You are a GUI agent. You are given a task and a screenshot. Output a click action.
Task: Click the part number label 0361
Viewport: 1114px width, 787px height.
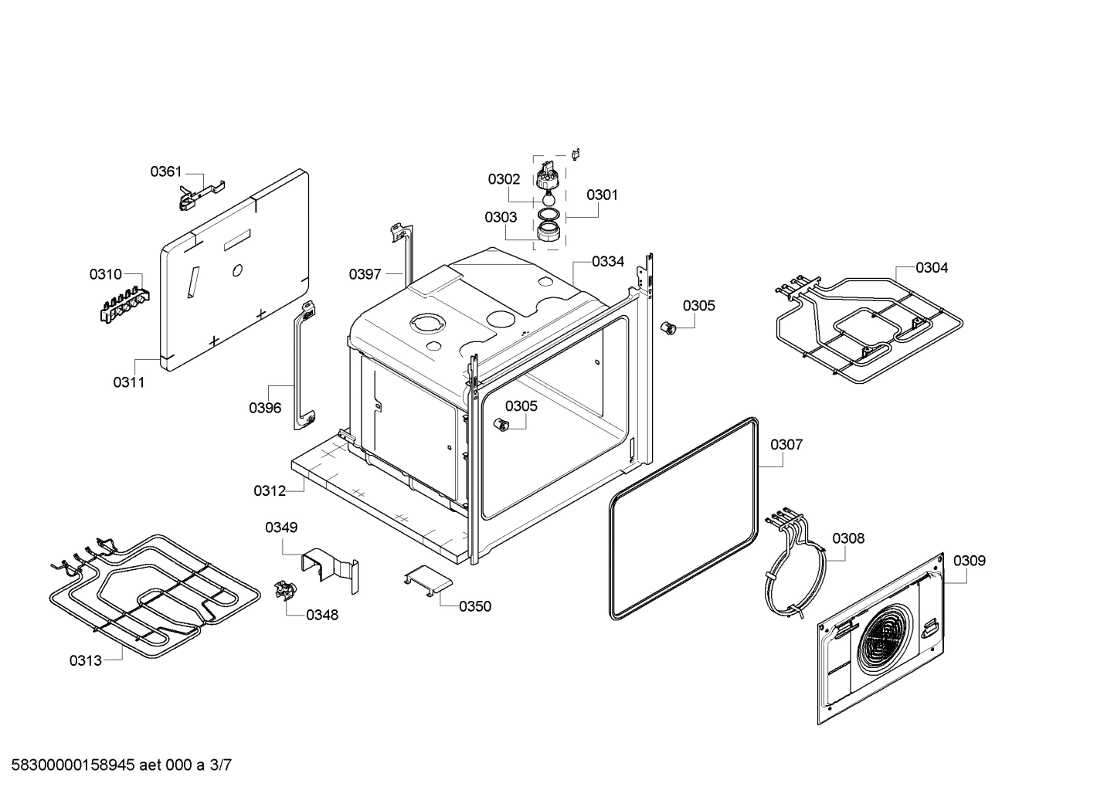165,171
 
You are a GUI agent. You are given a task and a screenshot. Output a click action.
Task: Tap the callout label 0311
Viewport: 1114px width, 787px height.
129,382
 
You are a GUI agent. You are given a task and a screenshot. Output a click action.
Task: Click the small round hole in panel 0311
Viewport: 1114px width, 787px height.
238,270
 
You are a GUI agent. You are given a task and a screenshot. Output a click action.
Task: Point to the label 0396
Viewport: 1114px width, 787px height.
265,408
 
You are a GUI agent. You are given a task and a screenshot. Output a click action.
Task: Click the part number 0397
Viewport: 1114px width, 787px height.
365,274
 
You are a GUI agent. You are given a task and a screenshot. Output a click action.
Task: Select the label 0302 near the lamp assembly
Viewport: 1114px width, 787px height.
504,179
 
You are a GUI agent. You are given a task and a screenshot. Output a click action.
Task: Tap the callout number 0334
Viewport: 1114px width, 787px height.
608,262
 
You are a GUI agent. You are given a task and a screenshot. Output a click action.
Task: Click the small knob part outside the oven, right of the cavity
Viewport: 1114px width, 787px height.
670,328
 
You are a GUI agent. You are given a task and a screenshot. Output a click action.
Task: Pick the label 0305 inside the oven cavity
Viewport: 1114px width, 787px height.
521,406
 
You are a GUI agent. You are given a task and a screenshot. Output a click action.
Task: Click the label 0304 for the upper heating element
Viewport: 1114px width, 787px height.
932,268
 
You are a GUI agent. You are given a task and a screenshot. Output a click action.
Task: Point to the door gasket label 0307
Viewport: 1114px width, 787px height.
786,445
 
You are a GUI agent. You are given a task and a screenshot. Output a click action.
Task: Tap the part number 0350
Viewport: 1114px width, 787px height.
475,606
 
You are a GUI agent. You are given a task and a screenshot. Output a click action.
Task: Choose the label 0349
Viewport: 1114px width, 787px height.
281,527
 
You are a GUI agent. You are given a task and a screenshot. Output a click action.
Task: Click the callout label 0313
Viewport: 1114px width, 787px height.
85,660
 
